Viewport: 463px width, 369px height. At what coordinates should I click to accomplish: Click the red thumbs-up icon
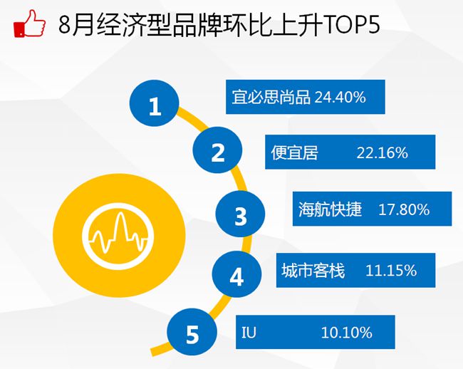click(29, 24)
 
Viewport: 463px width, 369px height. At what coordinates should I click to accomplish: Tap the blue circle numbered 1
click(155, 103)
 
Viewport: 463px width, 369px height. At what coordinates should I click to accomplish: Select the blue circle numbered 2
click(218, 150)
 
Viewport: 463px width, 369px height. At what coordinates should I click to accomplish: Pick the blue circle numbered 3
click(240, 214)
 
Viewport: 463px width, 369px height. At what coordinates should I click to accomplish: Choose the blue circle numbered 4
click(236, 274)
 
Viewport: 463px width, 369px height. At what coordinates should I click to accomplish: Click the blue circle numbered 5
click(192, 332)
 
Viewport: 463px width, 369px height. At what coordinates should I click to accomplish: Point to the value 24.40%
click(340, 97)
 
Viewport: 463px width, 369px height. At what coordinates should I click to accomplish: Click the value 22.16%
click(382, 152)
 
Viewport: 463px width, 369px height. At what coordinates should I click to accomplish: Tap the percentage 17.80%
click(404, 209)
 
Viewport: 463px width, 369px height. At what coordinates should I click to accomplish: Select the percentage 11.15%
click(391, 270)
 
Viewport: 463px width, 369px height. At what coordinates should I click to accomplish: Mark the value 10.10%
click(346, 333)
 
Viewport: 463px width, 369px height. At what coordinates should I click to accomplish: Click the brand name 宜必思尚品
click(271, 97)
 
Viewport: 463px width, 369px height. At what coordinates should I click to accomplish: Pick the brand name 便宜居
click(294, 152)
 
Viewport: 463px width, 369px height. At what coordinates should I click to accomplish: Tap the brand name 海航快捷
click(330, 209)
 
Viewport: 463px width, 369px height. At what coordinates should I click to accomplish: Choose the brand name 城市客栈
click(313, 270)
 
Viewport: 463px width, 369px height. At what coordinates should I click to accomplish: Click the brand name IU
click(249, 333)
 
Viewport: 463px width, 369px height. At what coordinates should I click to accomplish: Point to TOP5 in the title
click(351, 24)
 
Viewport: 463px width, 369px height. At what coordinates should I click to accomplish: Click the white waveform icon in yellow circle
click(118, 237)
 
